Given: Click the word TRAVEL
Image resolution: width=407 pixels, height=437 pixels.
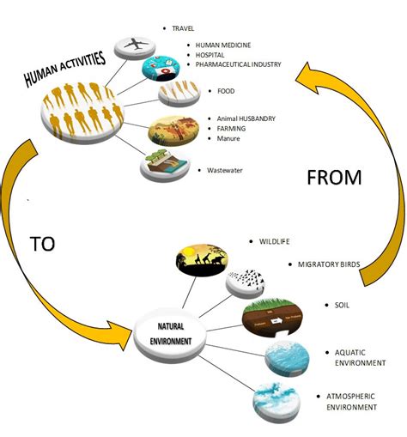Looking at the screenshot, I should coord(184,28).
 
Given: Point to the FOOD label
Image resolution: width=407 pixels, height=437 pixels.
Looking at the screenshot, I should coord(227,91).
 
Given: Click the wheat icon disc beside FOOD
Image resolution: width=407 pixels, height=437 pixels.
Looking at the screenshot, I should coord(179,94).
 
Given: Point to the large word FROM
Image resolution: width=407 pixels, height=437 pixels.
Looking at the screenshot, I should coord(334,178).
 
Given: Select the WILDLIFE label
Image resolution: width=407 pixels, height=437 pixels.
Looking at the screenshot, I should coord(276,241).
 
